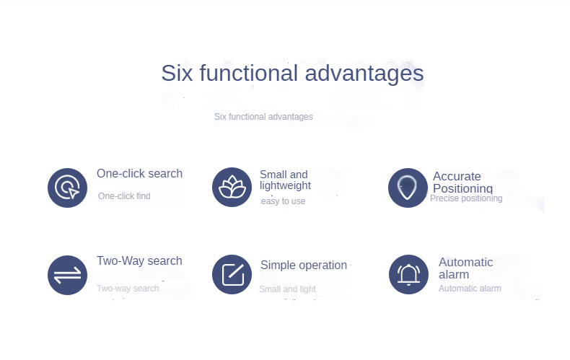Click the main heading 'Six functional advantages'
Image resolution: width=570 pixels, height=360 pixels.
coord(292,74)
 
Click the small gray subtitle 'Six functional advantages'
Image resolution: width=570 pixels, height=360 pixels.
coord(263,117)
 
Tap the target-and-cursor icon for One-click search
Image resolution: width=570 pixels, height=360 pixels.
coord(67,188)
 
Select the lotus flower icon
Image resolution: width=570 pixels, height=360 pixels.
coord(232,187)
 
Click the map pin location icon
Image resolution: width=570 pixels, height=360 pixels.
coord(408,188)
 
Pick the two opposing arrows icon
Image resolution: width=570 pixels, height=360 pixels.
coord(67,275)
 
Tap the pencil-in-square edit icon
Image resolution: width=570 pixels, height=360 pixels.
coord(232,274)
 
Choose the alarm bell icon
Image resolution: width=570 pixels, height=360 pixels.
coord(408,274)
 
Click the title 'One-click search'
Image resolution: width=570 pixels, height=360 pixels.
coord(139,173)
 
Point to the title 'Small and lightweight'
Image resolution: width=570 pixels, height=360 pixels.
coord(286,180)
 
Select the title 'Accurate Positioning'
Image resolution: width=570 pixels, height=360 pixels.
coord(462,183)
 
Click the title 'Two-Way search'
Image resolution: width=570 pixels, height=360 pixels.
coord(139,260)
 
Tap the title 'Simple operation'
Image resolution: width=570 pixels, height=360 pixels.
coord(304,265)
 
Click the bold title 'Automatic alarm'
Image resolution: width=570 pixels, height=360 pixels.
coord(465,268)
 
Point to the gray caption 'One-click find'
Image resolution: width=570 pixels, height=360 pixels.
coord(124,196)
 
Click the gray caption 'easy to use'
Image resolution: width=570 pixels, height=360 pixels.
coord(283,201)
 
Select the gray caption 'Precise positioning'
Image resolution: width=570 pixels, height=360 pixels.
coord(466,198)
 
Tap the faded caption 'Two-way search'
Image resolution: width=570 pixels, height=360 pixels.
coord(128,289)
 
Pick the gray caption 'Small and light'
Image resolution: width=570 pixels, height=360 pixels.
coord(287,289)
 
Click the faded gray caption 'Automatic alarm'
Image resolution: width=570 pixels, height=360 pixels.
coord(470,289)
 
